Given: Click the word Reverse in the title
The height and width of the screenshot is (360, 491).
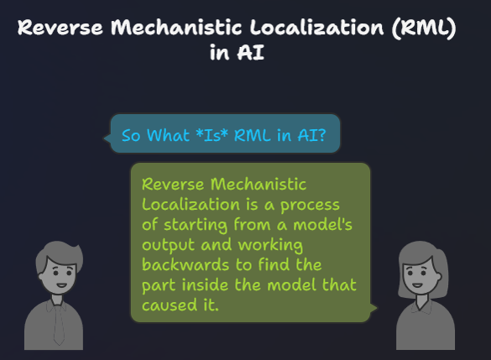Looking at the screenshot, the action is tap(60, 27).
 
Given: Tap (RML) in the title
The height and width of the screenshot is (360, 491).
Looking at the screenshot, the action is tap(424, 29).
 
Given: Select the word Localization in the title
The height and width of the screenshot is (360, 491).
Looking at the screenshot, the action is tap(316, 27).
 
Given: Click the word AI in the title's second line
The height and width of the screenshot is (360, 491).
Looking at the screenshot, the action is tap(250, 52).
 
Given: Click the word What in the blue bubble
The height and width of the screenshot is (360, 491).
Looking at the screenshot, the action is tap(168, 135).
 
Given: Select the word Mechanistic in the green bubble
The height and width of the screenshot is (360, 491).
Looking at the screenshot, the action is tap(259, 184).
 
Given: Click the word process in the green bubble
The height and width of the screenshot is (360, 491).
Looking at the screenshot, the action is tap(310, 206).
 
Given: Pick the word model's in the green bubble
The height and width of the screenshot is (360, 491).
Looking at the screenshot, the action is tap(322, 224).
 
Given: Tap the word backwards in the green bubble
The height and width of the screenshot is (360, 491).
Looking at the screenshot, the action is tap(185, 264).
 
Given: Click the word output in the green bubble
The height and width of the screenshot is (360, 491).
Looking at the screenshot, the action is tap(169, 245).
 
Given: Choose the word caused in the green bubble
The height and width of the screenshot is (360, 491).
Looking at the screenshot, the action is tap(170, 305).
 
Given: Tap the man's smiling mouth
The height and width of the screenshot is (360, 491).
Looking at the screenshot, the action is tap(61, 285).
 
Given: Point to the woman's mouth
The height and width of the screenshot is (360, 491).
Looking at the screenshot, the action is tap(417, 284).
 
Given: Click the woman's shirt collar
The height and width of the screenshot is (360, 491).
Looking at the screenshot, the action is tap(422, 305).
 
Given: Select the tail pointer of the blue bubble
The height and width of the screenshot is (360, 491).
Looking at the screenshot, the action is tap(107, 138).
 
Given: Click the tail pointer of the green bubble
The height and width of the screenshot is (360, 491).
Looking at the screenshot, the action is tap(373, 308).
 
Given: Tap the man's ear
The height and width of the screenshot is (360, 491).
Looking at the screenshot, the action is tap(40, 276).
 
